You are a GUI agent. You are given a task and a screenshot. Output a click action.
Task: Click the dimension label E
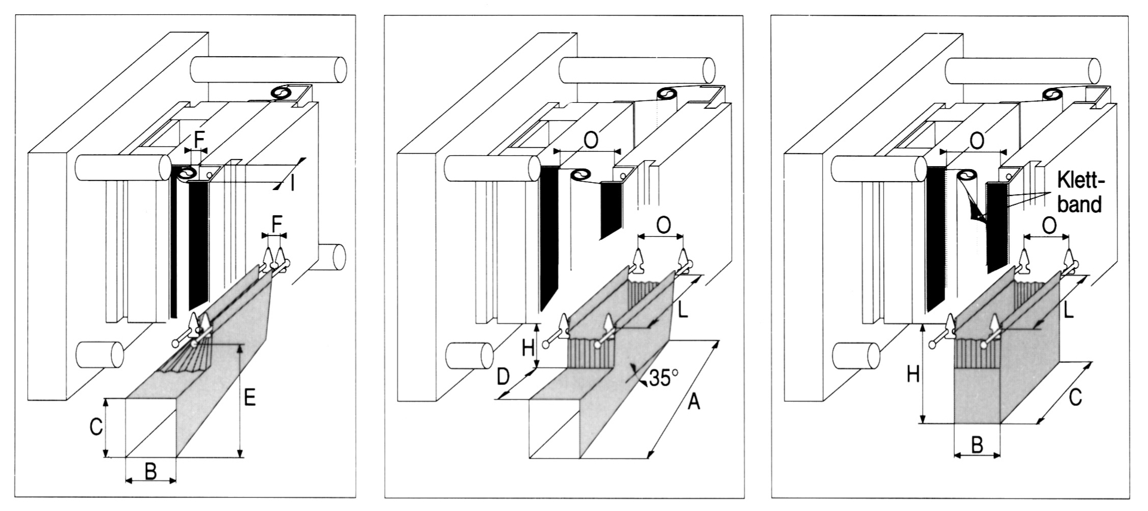pos(250,397)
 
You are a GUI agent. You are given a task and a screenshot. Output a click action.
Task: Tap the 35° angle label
pos(664,378)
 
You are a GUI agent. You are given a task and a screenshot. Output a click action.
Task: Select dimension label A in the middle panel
pos(693,403)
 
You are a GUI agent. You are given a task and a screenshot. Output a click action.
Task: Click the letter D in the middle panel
pos(504,377)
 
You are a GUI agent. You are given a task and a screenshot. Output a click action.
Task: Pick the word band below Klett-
pos(1079,204)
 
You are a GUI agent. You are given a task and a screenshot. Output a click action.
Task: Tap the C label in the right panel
pos(1075,397)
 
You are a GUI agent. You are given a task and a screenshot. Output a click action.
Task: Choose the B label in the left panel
pos(151,472)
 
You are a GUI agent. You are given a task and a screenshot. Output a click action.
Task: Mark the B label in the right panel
pos(976,445)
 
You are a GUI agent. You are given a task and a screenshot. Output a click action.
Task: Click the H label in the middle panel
pos(527,348)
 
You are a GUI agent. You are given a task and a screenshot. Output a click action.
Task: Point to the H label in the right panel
pos(913,375)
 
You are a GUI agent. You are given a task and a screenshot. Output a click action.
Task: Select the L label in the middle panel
pos(683,310)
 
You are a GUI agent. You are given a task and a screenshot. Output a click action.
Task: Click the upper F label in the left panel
pos(200,140)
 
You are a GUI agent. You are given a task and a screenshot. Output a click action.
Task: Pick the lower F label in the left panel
pos(276,225)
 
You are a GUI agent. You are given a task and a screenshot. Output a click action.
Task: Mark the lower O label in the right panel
pos(1048,225)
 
